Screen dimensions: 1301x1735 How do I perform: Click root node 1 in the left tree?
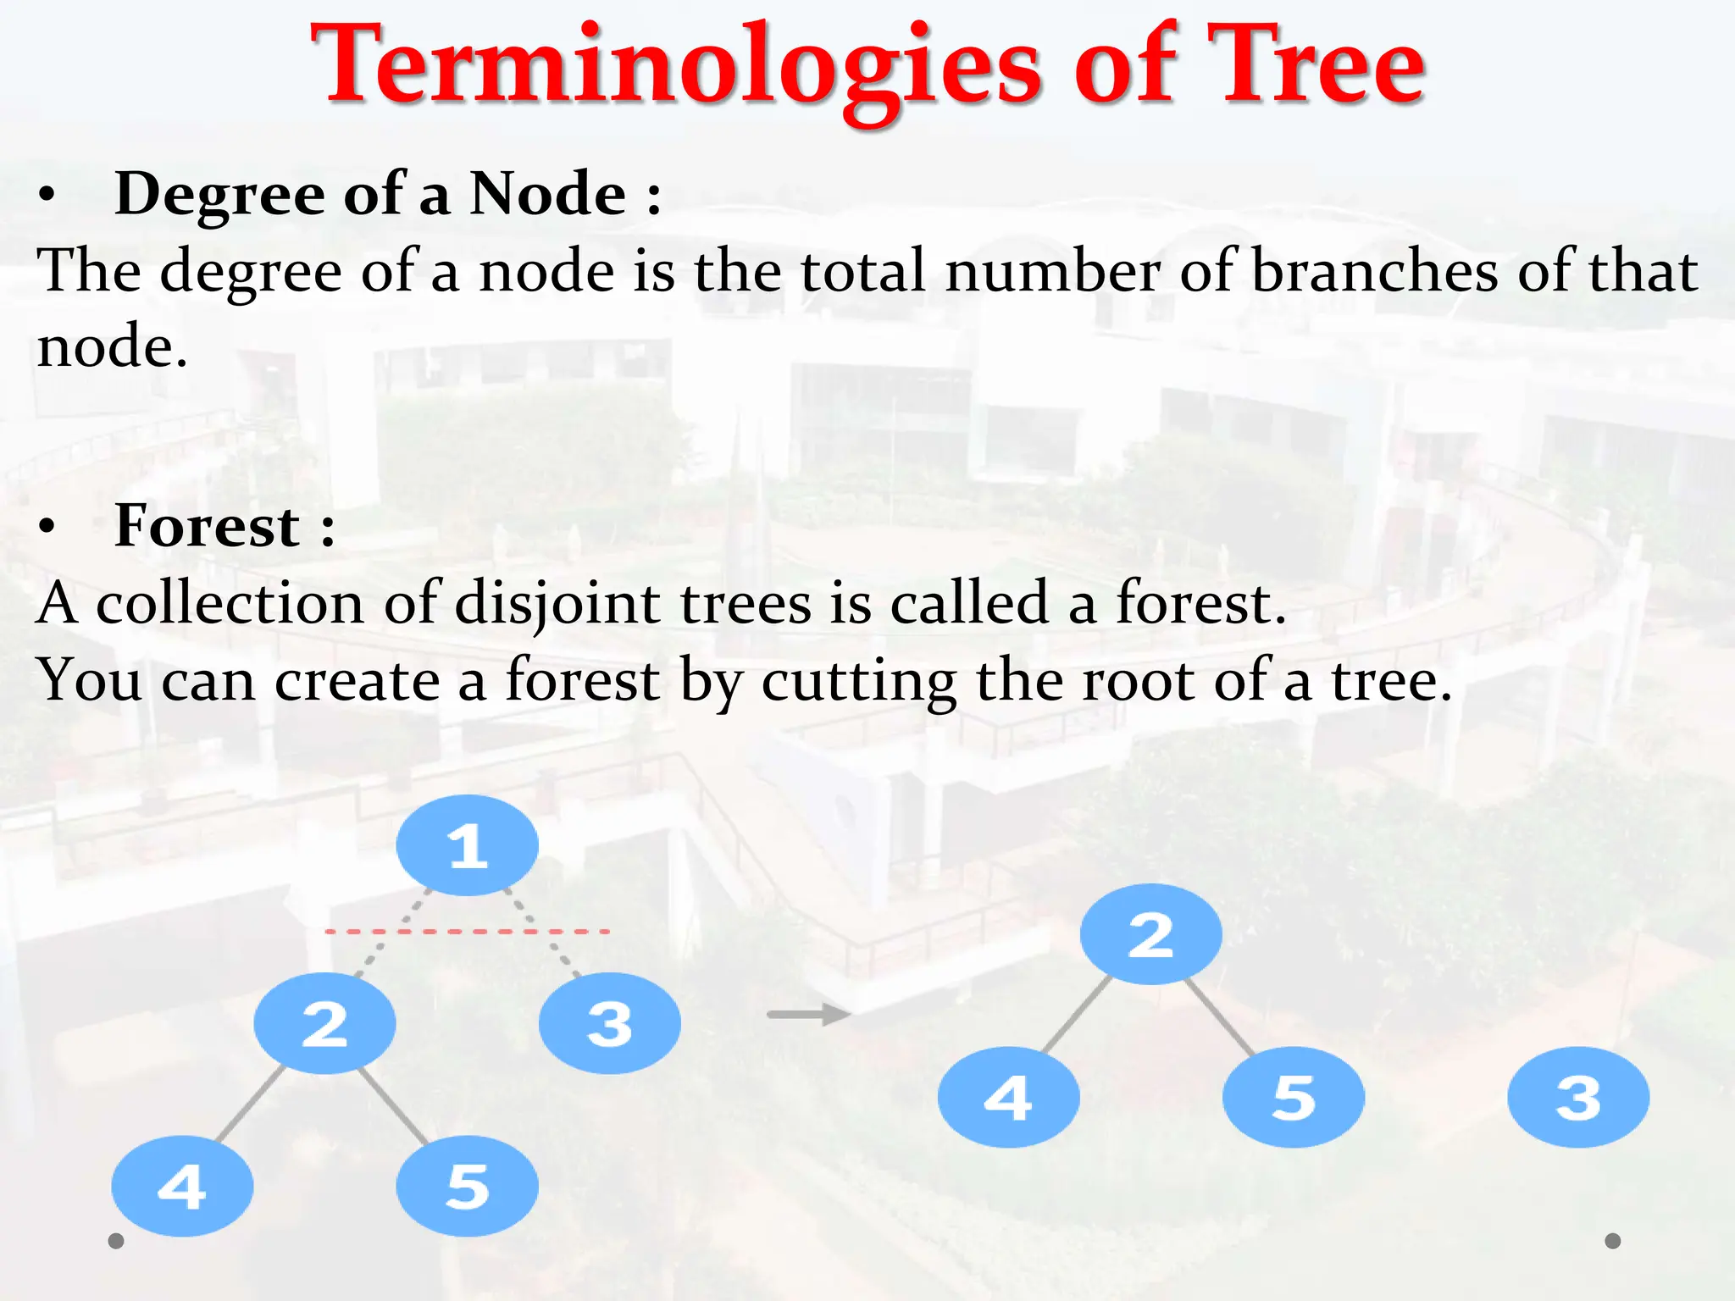[467, 845]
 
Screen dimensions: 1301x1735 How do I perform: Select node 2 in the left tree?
[324, 1023]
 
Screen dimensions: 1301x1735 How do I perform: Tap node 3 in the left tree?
[609, 1023]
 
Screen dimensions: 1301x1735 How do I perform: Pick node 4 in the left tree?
[182, 1186]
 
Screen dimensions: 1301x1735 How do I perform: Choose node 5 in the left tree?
[467, 1186]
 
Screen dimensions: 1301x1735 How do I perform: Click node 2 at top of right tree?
[1150, 934]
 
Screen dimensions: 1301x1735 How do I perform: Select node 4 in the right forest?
[1008, 1097]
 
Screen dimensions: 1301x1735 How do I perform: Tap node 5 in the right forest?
[1293, 1097]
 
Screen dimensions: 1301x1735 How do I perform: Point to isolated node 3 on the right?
[1578, 1097]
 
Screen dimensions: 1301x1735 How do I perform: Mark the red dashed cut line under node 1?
[467, 932]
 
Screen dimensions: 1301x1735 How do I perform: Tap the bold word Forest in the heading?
[207, 526]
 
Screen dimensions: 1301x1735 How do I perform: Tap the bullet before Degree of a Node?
[47, 196]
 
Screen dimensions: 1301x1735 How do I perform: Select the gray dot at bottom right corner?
[1613, 1241]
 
